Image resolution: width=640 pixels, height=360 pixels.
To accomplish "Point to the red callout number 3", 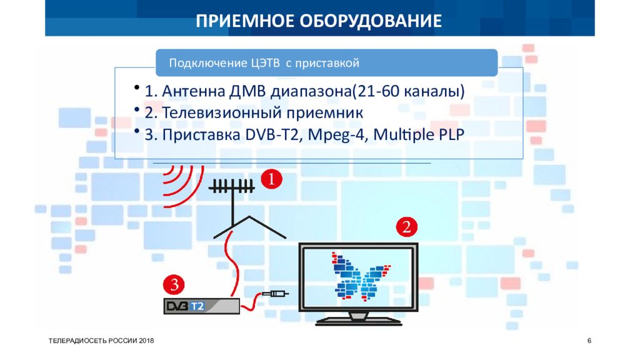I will [174, 285].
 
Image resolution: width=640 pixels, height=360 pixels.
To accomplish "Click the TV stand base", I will [357, 321].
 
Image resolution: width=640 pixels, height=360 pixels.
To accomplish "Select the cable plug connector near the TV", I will [275, 294].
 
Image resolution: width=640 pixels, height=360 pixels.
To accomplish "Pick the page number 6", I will [589, 340].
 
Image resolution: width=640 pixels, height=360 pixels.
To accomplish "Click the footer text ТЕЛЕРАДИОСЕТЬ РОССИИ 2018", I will [101, 340].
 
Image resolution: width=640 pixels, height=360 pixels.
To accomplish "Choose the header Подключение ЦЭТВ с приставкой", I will [263, 63].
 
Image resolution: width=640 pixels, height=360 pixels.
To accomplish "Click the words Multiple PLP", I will [423, 135].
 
